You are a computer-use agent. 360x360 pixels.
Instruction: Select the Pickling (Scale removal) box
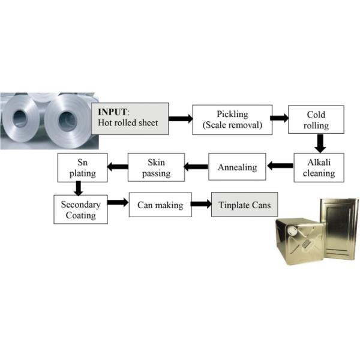tap(231, 119)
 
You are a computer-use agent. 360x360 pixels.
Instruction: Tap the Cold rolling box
tap(316, 119)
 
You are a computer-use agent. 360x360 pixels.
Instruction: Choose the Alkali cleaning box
tap(319, 167)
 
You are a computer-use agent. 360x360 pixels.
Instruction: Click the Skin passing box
tap(157, 167)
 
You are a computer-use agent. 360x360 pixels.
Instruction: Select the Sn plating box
tap(82, 167)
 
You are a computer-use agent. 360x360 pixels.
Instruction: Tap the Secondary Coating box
tap(81, 208)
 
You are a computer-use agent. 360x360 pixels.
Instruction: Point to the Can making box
tap(160, 206)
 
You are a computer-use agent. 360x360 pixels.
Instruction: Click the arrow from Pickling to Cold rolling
tap(279, 118)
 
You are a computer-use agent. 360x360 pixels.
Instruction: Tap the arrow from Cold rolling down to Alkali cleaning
tap(320, 143)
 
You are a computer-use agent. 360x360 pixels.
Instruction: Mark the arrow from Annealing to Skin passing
tap(195, 166)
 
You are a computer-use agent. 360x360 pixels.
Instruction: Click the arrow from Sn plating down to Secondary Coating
tap(78, 188)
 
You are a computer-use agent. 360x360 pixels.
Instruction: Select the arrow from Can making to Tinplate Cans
tap(201, 205)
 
